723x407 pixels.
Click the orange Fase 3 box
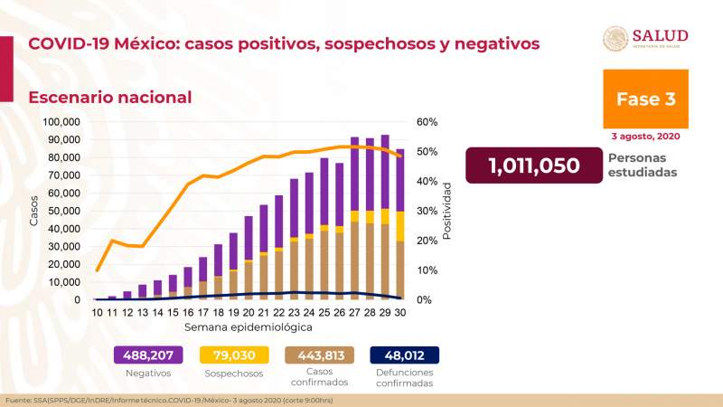(x=645, y=99)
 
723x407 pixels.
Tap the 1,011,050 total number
(x=533, y=166)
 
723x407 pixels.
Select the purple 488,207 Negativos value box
(x=148, y=355)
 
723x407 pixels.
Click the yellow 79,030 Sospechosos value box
(x=233, y=355)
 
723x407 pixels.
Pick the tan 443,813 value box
(x=318, y=355)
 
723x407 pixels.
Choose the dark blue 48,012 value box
(x=403, y=355)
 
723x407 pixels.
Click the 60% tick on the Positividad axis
(x=427, y=122)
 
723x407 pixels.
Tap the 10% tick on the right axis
(x=427, y=270)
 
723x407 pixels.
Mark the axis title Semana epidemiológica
(x=249, y=326)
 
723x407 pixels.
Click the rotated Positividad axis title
(x=447, y=211)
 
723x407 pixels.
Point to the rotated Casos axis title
(x=34, y=211)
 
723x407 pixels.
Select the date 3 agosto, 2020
(x=645, y=137)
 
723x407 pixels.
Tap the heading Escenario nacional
(x=110, y=97)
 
